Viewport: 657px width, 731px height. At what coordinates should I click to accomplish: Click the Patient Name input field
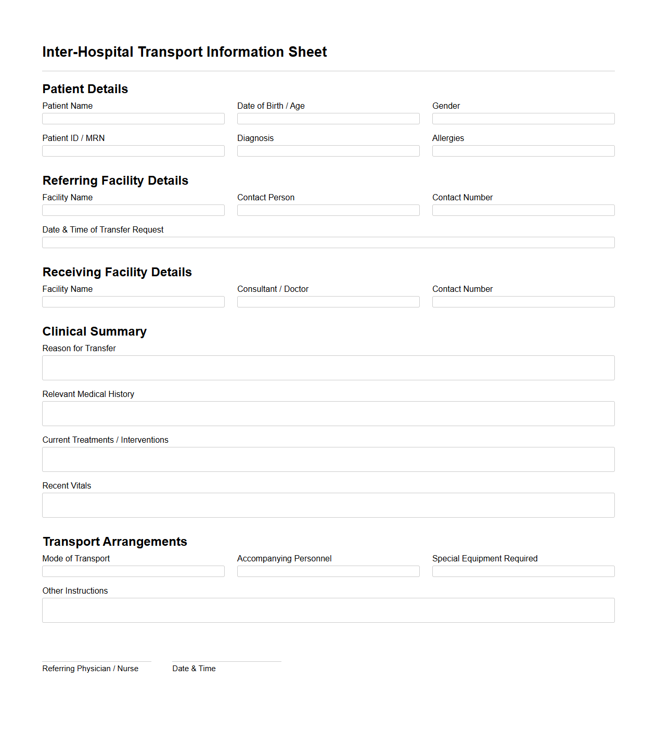click(x=133, y=119)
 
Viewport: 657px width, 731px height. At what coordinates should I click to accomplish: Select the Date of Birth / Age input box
click(x=328, y=119)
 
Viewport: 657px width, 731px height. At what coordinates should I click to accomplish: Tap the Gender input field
click(x=523, y=119)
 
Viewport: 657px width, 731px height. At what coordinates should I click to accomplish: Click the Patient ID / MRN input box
click(x=133, y=151)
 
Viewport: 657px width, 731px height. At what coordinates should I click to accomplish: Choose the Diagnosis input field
click(x=328, y=151)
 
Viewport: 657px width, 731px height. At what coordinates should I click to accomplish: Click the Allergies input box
click(x=523, y=151)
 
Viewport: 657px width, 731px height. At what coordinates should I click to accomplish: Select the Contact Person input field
click(x=328, y=210)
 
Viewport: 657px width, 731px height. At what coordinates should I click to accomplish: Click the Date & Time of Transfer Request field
click(x=328, y=242)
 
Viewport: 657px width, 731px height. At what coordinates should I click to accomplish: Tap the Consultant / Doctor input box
click(x=328, y=302)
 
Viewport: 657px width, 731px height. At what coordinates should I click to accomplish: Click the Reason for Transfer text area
click(x=328, y=368)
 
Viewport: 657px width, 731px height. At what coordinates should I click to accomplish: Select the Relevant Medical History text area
click(x=328, y=414)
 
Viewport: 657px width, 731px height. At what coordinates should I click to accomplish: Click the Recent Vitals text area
click(x=328, y=505)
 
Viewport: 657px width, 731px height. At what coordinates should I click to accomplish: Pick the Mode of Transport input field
click(x=133, y=571)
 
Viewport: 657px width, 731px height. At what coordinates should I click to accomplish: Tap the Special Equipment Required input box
click(x=523, y=571)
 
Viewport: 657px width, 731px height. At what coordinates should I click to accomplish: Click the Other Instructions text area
click(x=328, y=610)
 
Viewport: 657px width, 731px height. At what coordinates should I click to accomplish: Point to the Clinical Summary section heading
click(x=95, y=331)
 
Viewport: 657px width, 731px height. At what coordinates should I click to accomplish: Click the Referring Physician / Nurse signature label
click(x=91, y=669)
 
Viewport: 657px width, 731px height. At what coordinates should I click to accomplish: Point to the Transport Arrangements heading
click(x=115, y=542)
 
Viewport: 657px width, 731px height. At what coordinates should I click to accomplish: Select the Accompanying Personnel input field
click(x=328, y=571)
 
